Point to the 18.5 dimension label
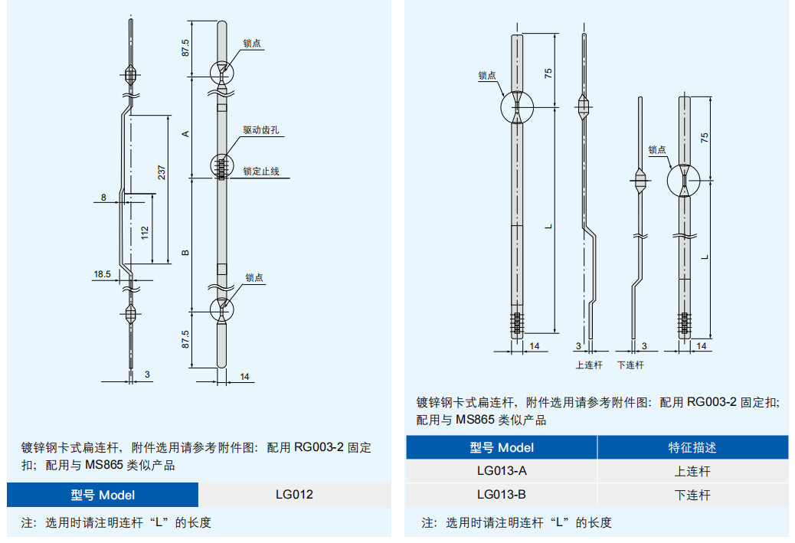click(x=102, y=273)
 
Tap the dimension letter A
click(x=185, y=133)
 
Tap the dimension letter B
click(x=185, y=253)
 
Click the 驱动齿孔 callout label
click(x=260, y=131)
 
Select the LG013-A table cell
click(x=502, y=471)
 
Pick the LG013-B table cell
click(x=502, y=495)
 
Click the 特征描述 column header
click(x=692, y=447)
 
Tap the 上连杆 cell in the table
click(x=692, y=471)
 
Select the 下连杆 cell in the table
click(x=692, y=495)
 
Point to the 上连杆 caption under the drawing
click(x=589, y=365)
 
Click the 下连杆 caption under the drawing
click(x=630, y=365)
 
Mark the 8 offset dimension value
click(x=103, y=198)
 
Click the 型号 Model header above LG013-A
click(x=502, y=447)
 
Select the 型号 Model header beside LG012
click(x=103, y=495)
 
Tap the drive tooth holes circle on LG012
click(x=222, y=166)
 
